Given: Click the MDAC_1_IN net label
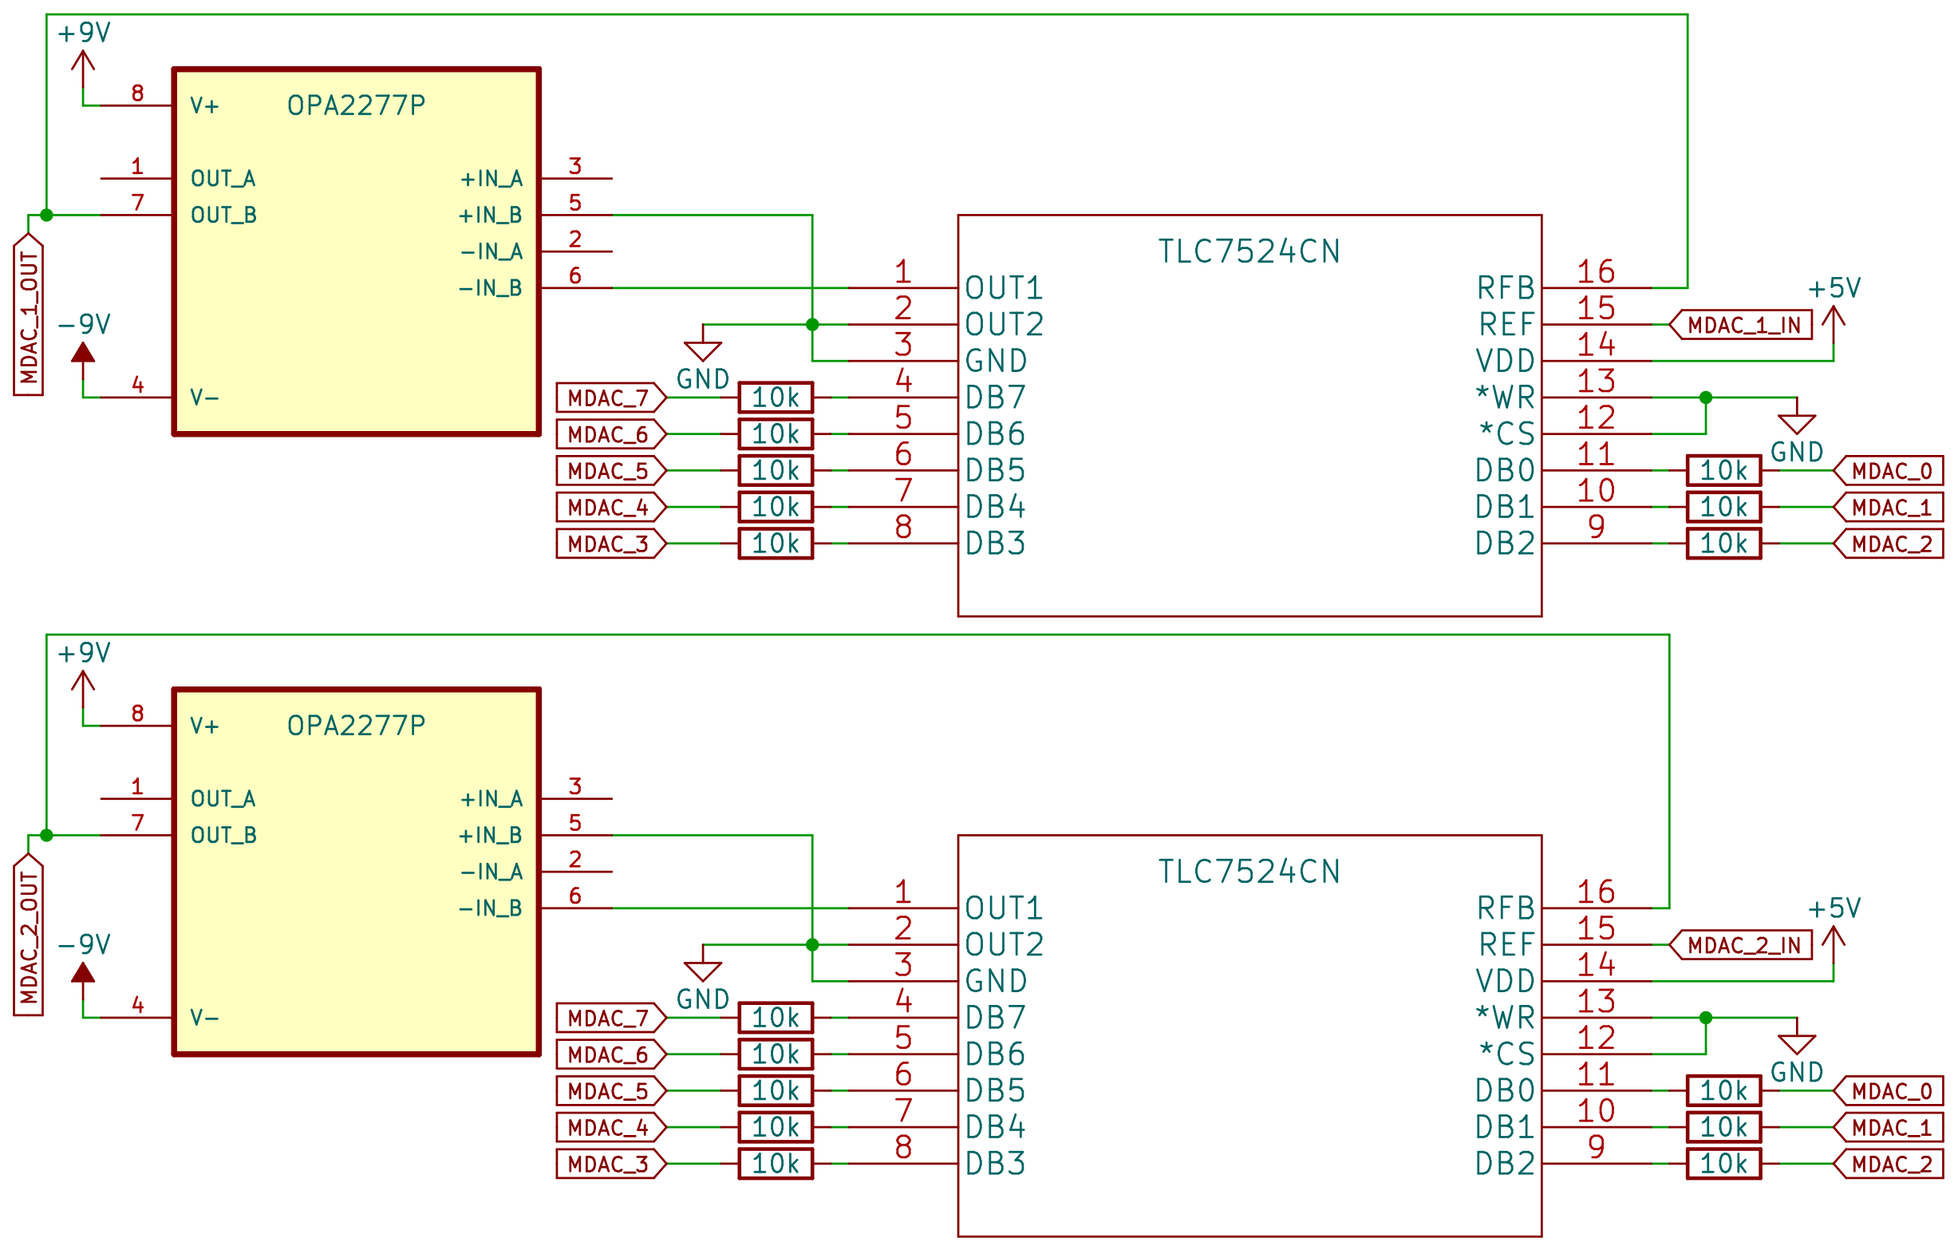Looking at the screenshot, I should [x=1743, y=326].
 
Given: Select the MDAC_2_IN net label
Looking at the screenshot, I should [x=1743, y=945].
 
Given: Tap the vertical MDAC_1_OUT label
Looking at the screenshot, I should [x=29, y=316].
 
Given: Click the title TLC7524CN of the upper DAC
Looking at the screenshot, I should [x=1249, y=251].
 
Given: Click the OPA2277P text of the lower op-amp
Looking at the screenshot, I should [x=356, y=726].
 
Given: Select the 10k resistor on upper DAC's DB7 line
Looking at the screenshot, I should [x=776, y=398].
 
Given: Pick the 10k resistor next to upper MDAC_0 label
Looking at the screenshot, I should [x=1723, y=471].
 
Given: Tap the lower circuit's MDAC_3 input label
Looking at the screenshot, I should [x=609, y=1164].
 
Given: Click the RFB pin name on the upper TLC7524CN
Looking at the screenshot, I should [x=1505, y=288].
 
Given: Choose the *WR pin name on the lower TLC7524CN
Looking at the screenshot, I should [x=1505, y=1018].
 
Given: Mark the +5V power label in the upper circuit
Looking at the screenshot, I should [x=1834, y=289].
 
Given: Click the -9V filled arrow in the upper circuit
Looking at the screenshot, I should [x=83, y=353].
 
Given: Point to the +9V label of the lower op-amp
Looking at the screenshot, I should [x=84, y=653].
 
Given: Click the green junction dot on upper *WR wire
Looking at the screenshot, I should [x=1706, y=398].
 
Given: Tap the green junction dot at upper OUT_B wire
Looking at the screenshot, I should [x=46, y=216].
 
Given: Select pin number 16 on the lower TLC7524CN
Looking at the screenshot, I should [x=1595, y=892].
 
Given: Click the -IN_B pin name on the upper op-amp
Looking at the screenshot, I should [x=491, y=288].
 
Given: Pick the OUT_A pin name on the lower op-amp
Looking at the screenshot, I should [x=223, y=799].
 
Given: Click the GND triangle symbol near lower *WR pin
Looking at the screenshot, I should [x=1797, y=1044].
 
